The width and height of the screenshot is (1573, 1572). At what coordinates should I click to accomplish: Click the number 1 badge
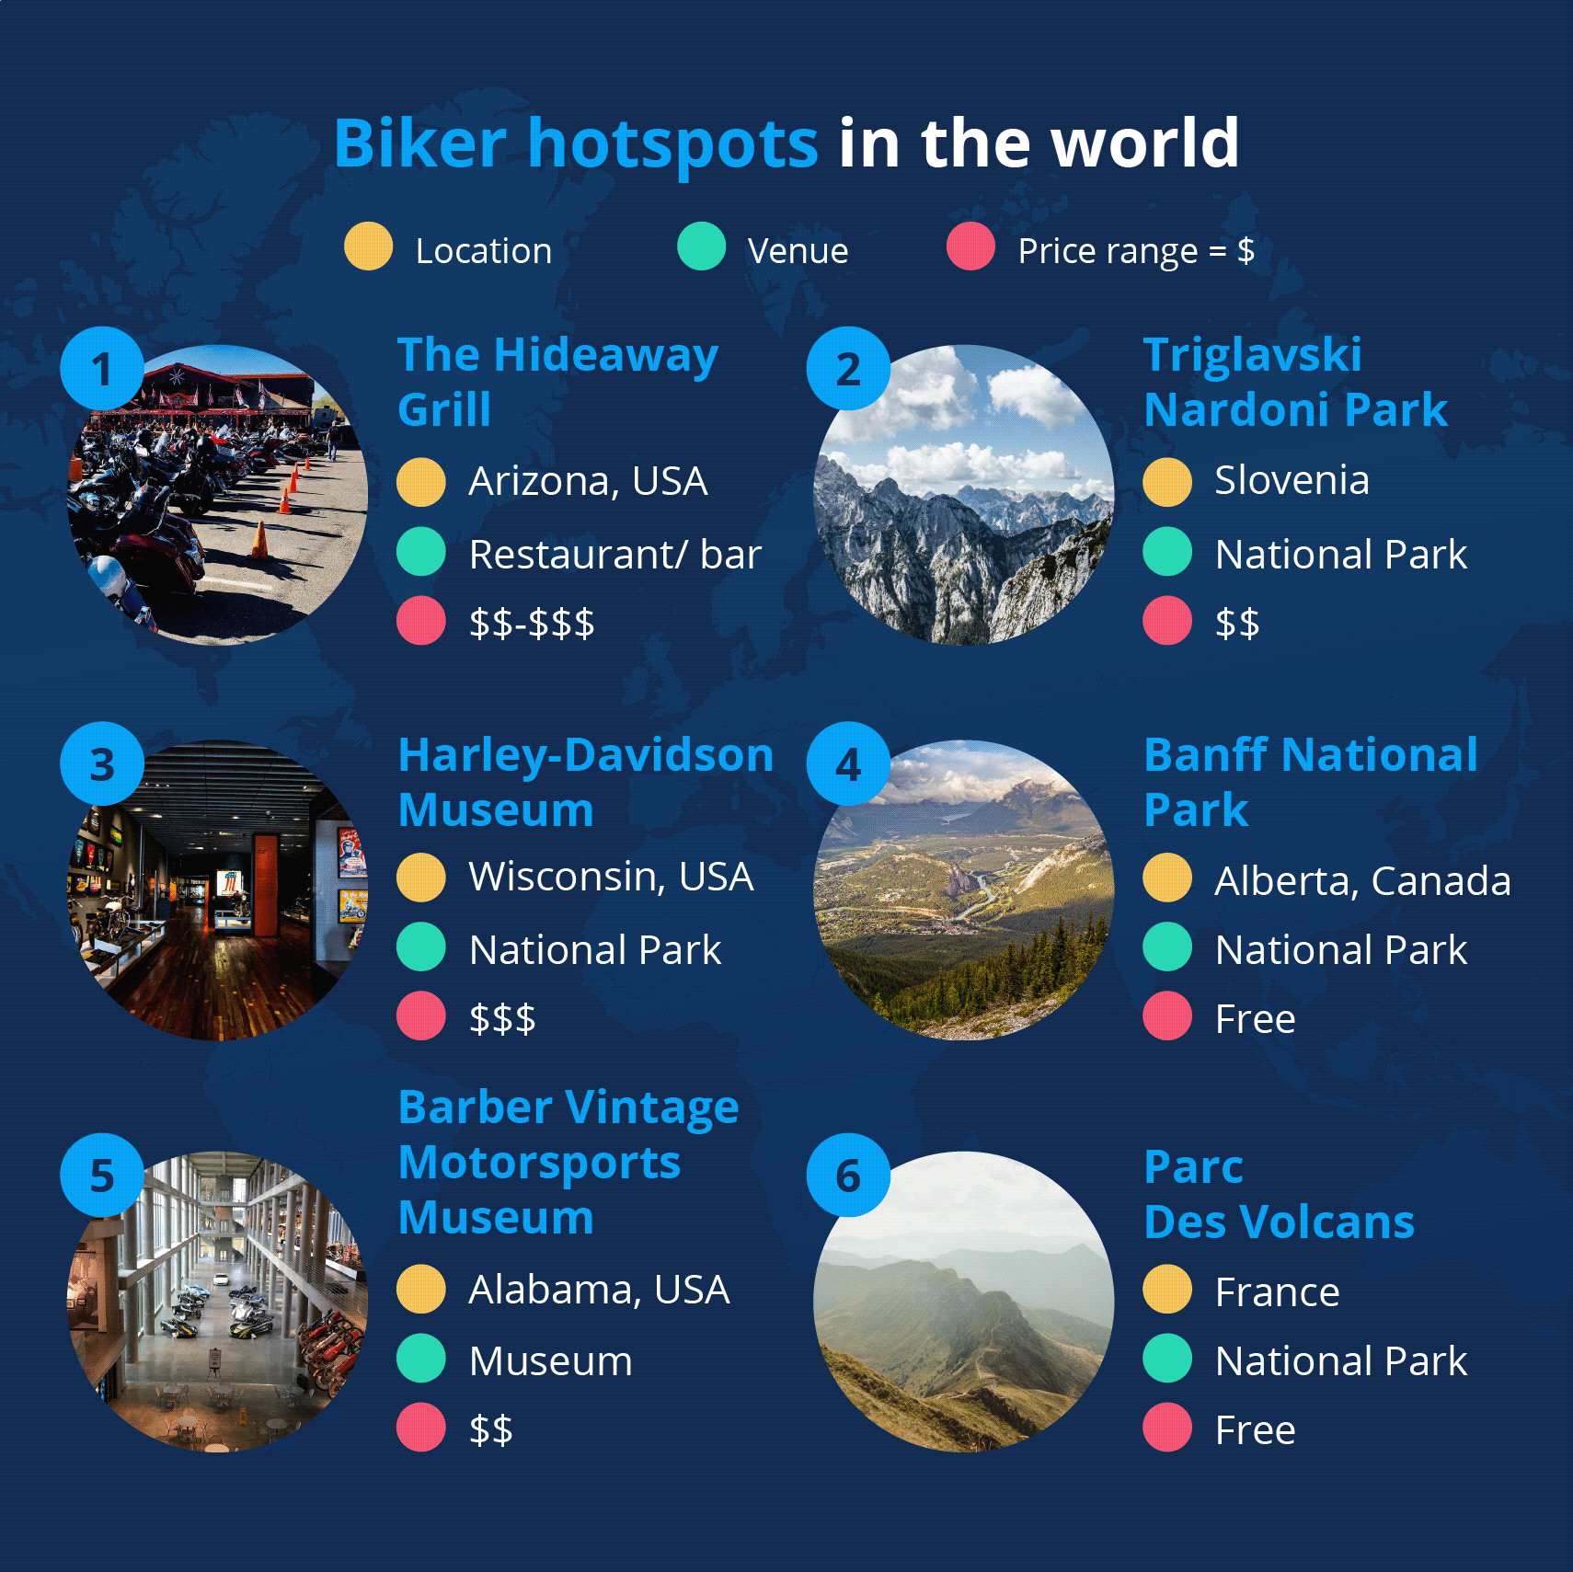tap(102, 368)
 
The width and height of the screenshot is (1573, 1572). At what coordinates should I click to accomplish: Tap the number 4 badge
tap(848, 763)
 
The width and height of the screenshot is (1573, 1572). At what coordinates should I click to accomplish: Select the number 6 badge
tap(848, 1175)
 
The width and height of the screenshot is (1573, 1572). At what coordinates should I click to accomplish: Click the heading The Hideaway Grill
tap(557, 382)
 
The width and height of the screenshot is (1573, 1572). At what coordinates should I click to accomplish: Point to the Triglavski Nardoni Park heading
tap(1295, 382)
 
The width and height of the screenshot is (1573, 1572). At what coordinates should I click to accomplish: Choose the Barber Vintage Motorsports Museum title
tap(568, 1162)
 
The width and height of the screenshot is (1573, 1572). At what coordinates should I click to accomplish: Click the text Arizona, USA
tap(588, 481)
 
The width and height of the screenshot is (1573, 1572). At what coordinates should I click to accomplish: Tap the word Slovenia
tap(1292, 480)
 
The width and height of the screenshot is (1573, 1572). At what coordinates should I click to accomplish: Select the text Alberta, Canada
tap(1362, 881)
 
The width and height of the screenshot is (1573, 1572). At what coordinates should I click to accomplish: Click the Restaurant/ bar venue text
tap(614, 554)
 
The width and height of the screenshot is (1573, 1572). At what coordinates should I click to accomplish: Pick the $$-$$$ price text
tap(532, 623)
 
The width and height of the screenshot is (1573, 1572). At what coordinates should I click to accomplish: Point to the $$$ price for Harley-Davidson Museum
tap(502, 1018)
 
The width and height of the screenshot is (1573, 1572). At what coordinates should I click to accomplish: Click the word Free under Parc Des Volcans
tap(1255, 1430)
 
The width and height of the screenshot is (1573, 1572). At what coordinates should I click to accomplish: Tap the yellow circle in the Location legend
tap(368, 247)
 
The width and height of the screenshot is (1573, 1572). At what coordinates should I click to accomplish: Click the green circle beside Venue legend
tap(701, 247)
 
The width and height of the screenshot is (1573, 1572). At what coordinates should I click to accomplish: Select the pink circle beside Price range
tap(970, 247)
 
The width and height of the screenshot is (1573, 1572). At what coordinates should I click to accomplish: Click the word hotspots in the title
tap(672, 145)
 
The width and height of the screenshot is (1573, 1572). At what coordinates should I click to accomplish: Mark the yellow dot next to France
tap(1167, 1290)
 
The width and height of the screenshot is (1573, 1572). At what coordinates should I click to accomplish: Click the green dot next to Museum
tap(421, 1359)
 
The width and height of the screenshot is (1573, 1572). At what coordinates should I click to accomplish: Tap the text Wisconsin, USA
tap(611, 877)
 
